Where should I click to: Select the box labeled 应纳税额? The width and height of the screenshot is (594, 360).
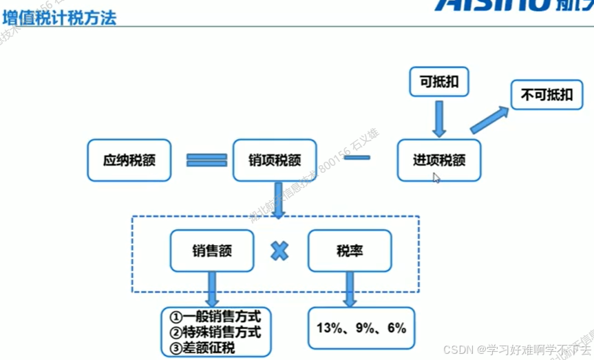click(129, 160)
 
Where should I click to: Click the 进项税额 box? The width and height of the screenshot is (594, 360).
click(439, 160)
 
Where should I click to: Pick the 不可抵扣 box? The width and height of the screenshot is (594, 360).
click(547, 95)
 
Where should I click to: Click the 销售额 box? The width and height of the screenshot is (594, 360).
click(212, 251)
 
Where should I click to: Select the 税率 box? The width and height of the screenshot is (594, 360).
click(350, 251)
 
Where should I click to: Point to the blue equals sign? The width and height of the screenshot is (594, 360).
click(206, 160)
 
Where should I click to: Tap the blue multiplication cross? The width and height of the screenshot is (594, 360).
click(279, 251)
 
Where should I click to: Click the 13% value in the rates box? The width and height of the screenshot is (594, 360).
click(330, 328)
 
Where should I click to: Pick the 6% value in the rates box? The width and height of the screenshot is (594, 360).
click(397, 328)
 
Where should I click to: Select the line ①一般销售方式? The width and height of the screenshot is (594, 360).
click(215, 317)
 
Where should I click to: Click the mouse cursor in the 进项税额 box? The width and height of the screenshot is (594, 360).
click(436, 177)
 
